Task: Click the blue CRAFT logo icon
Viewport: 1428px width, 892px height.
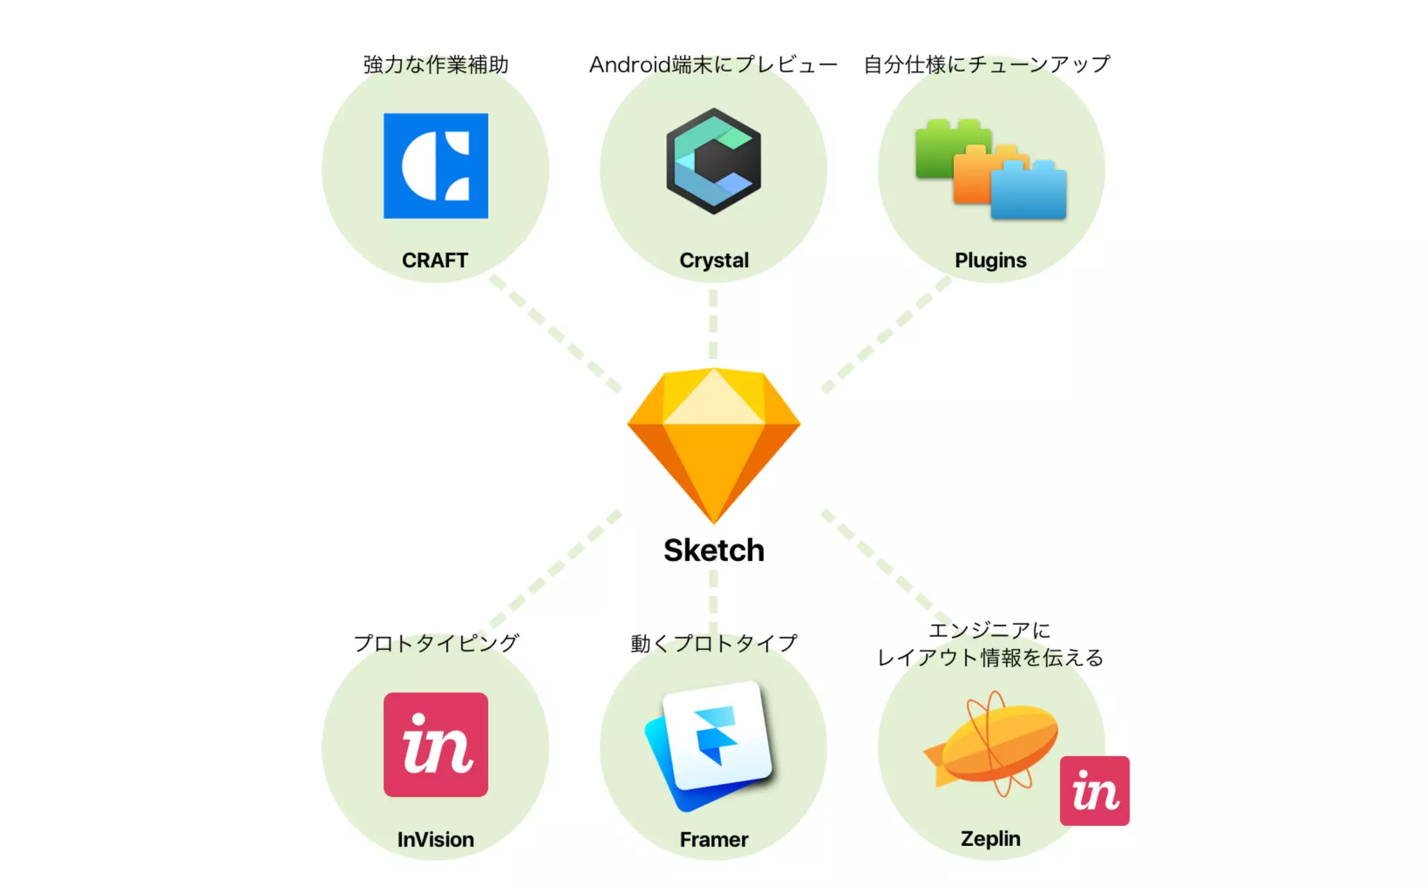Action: pos(436,166)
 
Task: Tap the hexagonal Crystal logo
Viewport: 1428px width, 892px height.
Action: pos(713,160)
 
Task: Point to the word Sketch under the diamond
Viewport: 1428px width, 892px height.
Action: pos(713,551)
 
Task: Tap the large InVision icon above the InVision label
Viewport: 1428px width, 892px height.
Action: pos(436,744)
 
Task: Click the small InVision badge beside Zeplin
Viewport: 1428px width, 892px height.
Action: pos(1094,791)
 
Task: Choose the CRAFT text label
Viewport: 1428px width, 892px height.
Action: pos(435,261)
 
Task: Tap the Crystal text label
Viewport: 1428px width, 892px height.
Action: pos(714,261)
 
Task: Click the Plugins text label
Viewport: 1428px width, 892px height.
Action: pos(990,261)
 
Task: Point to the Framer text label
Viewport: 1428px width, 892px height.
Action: pos(714,840)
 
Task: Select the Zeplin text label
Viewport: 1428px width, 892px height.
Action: pos(990,839)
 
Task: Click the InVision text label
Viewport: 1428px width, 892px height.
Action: pos(436,840)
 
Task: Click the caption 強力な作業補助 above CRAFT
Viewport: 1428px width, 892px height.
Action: pos(436,65)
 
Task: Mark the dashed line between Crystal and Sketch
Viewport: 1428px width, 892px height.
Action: pos(713,324)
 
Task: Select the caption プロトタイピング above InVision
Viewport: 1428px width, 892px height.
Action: pos(436,643)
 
